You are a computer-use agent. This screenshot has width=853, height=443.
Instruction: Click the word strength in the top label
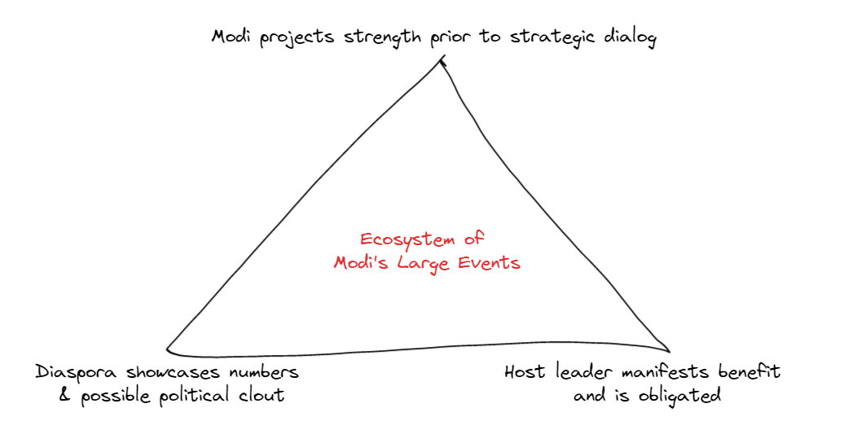tap(378, 38)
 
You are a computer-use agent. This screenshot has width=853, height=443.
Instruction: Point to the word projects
tap(297, 38)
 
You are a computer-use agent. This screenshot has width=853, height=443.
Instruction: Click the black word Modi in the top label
tap(232, 37)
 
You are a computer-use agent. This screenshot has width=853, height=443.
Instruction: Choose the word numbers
tap(265, 372)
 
